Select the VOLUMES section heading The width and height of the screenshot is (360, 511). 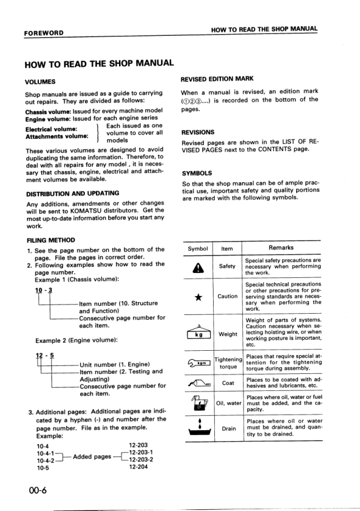tap(40, 81)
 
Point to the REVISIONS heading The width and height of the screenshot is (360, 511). tap(197, 132)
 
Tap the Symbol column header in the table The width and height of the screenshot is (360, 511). tap(198, 248)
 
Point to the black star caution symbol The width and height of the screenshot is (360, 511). tap(197, 296)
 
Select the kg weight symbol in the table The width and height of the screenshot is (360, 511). tap(198, 333)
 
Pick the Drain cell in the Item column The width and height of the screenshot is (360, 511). tap(228, 428)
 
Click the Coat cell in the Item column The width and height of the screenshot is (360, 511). tap(228, 383)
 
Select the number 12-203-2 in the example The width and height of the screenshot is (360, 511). tap(140, 459)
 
